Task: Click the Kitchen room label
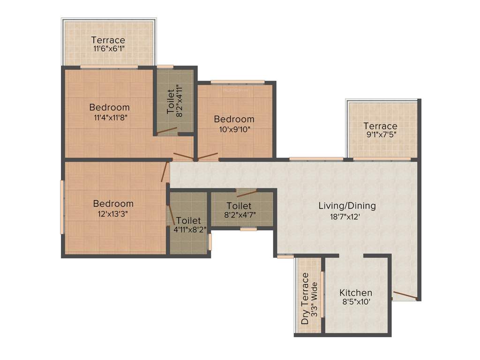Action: click(356, 293)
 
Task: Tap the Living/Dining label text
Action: click(347, 206)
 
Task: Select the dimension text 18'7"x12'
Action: click(347, 217)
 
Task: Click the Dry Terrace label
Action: click(306, 299)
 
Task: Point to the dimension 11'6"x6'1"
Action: click(108, 49)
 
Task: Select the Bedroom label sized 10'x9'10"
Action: click(234, 119)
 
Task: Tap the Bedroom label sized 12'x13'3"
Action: click(113, 204)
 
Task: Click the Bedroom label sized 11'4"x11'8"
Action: click(110, 108)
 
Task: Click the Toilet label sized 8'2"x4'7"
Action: click(239, 206)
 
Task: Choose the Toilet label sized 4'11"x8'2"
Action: click(188, 220)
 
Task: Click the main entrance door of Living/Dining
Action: click(405, 295)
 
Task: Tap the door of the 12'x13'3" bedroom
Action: click(165, 172)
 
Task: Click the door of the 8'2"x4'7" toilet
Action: click(247, 194)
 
